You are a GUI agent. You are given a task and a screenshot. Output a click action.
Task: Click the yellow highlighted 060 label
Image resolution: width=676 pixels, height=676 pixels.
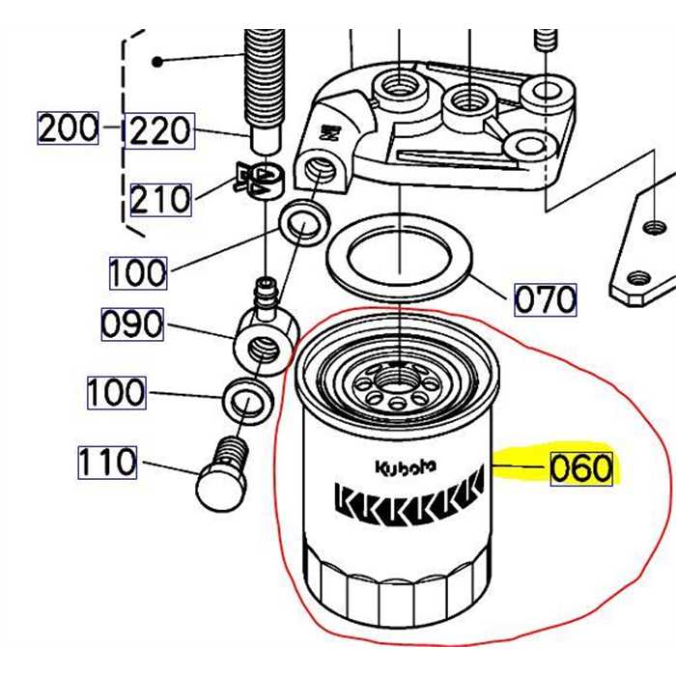click(581, 468)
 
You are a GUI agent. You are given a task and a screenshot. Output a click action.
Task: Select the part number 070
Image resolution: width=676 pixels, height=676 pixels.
click(545, 300)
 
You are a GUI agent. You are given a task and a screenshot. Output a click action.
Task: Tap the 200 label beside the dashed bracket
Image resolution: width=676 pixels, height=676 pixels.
click(69, 127)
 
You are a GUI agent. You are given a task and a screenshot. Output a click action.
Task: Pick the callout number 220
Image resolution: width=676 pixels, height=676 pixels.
click(161, 129)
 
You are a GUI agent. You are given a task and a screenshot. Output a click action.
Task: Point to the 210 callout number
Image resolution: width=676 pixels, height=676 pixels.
click(161, 200)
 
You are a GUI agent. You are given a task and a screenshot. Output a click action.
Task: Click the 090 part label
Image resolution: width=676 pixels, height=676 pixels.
click(132, 324)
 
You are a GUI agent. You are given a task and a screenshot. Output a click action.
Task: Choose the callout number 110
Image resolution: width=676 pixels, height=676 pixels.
click(108, 463)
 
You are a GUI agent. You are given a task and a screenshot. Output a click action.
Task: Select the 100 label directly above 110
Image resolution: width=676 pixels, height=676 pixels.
click(116, 392)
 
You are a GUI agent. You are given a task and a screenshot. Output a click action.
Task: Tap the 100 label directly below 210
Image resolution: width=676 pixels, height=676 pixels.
click(137, 272)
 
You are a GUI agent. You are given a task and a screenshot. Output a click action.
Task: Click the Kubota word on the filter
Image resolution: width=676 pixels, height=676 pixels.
click(406, 466)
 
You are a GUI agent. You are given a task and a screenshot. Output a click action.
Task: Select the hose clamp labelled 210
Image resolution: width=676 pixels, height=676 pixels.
click(258, 178)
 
